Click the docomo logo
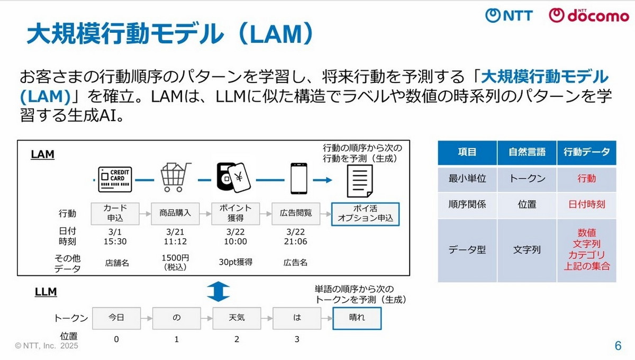[x=588, y=15]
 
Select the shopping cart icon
[x=175, y=177]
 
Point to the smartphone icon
[x=300, y=178]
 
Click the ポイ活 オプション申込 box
[x=365, y=213]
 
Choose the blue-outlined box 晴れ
[x=357, y=318]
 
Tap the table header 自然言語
[x=527, y=152]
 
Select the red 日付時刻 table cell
[x=586, y=204]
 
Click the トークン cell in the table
[x=527, y=179]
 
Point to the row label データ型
[x=467, y=249]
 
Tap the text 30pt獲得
[x=235, y=262]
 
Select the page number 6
[x=618, y=346]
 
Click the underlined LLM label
[x=46, y=291]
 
